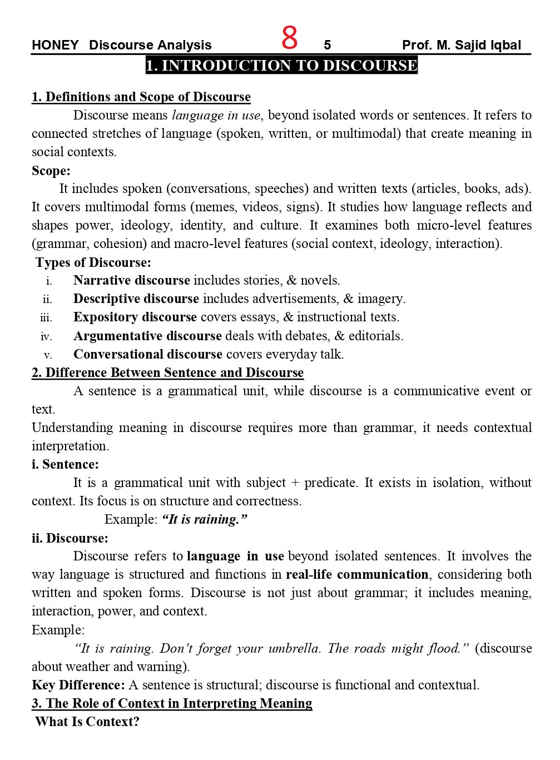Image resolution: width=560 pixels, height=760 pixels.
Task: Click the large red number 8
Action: point(289,38)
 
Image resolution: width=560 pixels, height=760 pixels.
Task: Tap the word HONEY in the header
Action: point(55,46)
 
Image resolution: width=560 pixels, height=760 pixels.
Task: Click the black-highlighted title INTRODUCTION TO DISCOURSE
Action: point(281,66)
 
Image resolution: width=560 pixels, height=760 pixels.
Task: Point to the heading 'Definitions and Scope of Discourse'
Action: point(141,97)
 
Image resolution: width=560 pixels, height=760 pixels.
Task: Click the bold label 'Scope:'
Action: point(51,171)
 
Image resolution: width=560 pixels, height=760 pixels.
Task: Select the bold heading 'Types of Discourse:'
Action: point(93,262)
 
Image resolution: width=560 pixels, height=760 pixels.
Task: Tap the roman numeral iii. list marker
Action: point(46,318)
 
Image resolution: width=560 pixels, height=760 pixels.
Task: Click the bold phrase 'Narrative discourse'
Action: point(132,280)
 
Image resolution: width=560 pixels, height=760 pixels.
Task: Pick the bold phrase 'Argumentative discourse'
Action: point(147,336)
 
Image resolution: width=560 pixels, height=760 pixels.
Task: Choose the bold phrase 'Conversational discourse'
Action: point(148,354)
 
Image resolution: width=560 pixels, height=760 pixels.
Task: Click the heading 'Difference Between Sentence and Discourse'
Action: point(168,372)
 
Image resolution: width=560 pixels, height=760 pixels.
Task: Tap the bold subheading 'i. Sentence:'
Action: point(65,464)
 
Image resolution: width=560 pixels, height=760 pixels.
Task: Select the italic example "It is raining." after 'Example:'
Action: point(204,519)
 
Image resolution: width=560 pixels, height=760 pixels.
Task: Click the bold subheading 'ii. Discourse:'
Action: point(70,538)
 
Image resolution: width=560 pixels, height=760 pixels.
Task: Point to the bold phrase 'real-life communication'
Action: point(357,574)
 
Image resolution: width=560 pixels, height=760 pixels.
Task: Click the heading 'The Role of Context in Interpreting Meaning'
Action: point(172,703)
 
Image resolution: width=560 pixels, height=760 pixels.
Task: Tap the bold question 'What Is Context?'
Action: point(87,722)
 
